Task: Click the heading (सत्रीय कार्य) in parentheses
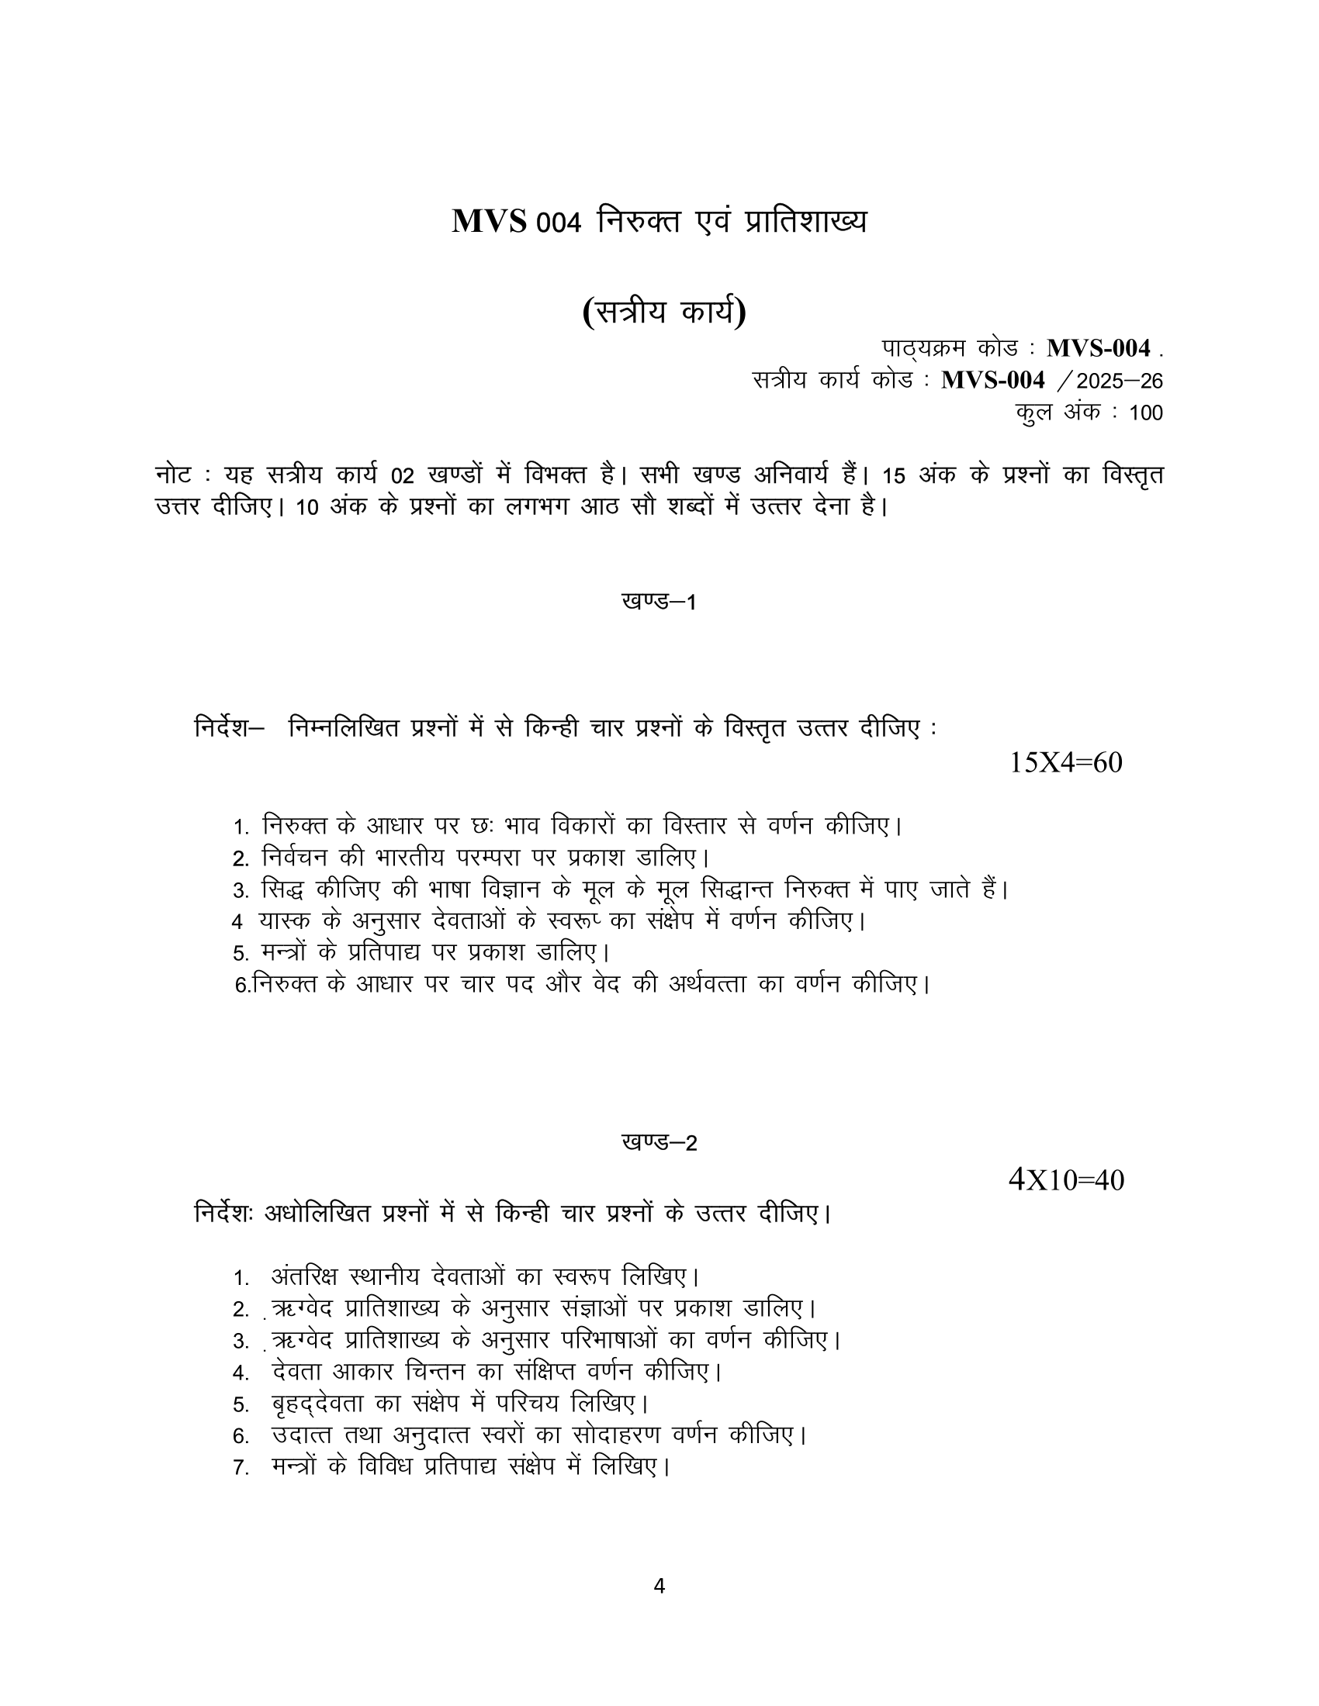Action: [664, 313]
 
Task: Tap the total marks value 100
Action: [1145, 413]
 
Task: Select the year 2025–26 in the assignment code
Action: [1120, 382]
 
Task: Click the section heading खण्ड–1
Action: [659, 602]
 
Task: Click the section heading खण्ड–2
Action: [659, 1143]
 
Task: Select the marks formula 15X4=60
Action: [1066, 762]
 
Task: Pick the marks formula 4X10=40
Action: [1066, 1179]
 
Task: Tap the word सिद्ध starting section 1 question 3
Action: [282, 889]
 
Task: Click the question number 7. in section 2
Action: [241, 1468]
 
